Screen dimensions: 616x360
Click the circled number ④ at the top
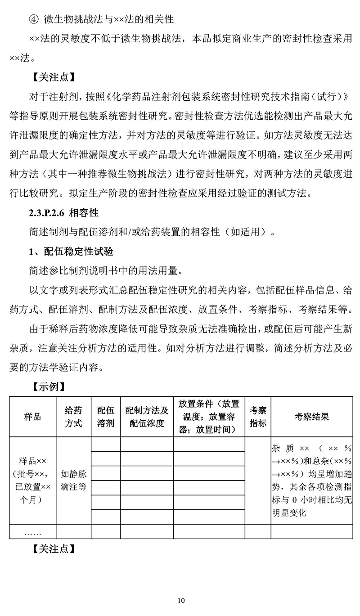(35, 20)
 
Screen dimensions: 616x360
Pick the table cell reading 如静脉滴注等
(73, 480)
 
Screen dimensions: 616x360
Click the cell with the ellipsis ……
(32, 532)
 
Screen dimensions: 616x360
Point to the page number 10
(181, 600)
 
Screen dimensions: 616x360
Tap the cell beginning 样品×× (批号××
(32, 480)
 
